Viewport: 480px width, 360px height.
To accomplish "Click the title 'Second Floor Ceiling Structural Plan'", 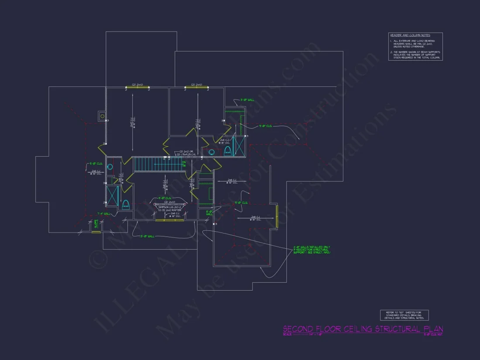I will point(363,329).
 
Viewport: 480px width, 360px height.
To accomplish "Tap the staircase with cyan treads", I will point(157,165).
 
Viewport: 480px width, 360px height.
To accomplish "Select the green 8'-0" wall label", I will point(209,213).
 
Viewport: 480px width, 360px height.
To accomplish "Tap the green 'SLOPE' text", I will point(96,224).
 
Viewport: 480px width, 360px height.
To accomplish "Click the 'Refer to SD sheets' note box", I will point(404,315).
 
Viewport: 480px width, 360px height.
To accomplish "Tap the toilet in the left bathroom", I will point(126,204).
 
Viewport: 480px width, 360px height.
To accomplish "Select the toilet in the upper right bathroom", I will point(227,151).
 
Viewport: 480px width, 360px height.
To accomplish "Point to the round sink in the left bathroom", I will point(110,167).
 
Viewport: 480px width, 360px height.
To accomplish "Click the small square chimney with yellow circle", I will point(102,116).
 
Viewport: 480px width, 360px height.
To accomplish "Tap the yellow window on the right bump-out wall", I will point(277,216).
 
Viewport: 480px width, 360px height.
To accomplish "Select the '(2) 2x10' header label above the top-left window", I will point(137,85).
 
